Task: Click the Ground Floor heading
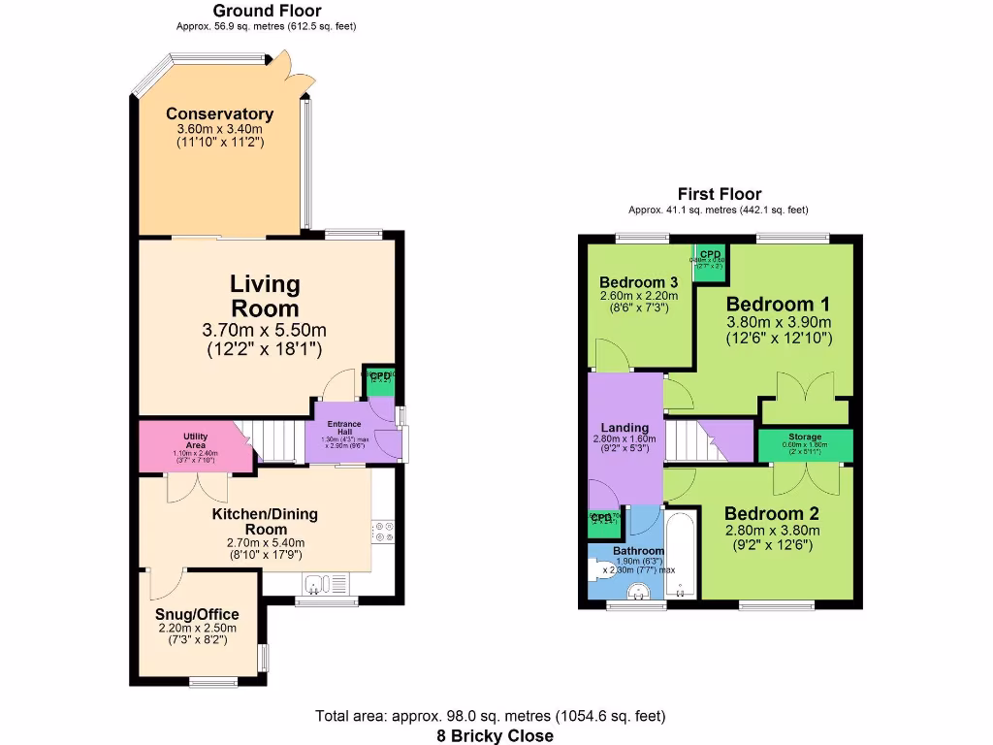(266, 11)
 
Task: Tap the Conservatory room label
(219, 114)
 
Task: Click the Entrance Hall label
(343, 425)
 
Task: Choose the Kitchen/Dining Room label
(265, 521)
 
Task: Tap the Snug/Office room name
(197, 614)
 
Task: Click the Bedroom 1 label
(779, 302)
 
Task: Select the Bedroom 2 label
(764, 513)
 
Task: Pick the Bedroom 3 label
(638, 282)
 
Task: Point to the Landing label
(625, 428)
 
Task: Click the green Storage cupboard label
(805, 437)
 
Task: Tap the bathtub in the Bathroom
(680, 559)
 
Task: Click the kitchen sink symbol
(320, 583)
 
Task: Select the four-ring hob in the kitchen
(382, 531)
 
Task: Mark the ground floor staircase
(276, 444)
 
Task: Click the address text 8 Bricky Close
(495, 735)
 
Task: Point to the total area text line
(491, 717)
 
